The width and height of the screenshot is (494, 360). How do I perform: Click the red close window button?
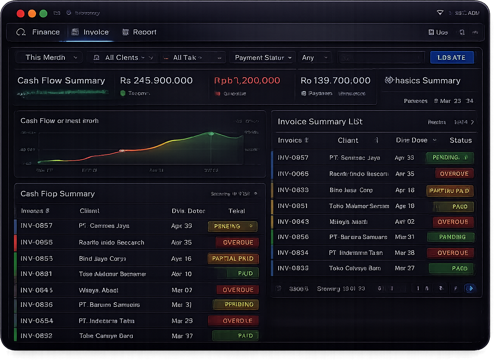(x=21, y=14)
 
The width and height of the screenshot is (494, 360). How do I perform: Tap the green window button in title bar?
(x=43, y=14)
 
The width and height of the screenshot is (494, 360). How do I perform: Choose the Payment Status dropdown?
(x=262, y=57)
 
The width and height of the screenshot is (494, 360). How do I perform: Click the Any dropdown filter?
(x=315, y=57)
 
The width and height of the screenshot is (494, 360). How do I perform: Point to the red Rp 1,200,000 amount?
(x=247, y=80)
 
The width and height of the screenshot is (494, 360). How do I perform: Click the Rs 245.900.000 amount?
(x=156, y=80)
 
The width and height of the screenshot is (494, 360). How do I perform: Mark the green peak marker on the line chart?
(x=211, y=133)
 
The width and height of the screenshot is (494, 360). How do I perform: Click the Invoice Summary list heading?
(x=320, y=121)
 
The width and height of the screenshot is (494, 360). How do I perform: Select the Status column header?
(x=460, y=140)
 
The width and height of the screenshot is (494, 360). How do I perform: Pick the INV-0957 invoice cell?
(x=293, y=157)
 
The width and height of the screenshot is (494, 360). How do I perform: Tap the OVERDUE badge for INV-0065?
(x=454, y=174)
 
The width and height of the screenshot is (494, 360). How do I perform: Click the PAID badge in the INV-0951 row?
(x=459, y=206)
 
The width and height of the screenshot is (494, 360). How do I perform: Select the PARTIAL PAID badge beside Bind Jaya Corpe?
(x=233, y=258)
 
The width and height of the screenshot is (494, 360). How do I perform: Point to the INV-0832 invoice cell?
(x=36, y=336)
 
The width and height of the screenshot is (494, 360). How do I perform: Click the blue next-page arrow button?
(x=470, y=288)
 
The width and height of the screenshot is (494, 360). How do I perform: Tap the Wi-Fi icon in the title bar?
(x=440, y=13)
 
